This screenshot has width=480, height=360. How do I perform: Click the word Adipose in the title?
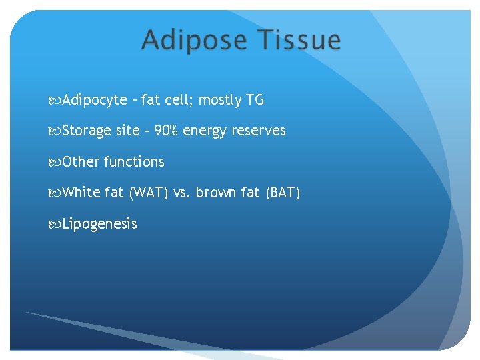[191, 41]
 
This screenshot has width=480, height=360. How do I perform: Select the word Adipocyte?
[95, 101]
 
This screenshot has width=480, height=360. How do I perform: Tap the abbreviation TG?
[255, 100]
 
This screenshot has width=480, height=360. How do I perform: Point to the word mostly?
[221, 101]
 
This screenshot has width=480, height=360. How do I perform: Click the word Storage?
[86, 131]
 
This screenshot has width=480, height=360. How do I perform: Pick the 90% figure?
[166, 131]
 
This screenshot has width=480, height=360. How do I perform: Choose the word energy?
[203, 131]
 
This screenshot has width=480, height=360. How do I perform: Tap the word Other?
[81, 162]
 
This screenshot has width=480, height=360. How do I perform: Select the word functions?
[134, 162]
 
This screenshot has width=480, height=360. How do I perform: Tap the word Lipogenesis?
[99, 224]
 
